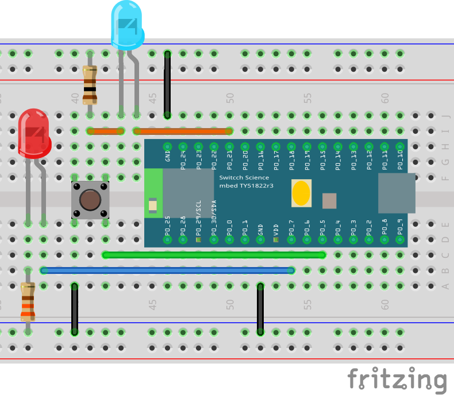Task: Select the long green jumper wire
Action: [213, 254]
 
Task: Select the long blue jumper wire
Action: [167, 270]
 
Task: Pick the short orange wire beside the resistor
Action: [105, 131]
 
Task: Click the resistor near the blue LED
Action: [90, 85]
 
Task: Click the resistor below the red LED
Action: [28, 301]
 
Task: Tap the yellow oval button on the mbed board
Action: [302, 194]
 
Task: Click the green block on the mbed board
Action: [153, 194]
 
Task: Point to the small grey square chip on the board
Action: [329, 201]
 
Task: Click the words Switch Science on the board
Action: [244, 178]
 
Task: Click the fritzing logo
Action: [397, 380]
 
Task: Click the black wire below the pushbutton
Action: [74, 308]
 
